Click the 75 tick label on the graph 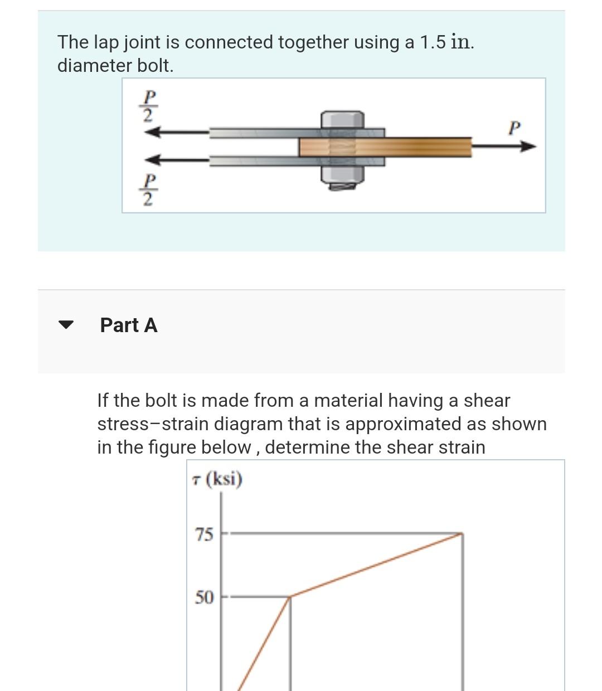204,535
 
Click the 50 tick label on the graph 204,598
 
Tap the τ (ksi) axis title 216,479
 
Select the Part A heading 129,325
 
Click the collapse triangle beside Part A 66,325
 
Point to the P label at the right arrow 514,128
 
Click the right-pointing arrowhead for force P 528,147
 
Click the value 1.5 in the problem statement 433,42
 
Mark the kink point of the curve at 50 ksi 290,597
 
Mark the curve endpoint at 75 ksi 462,534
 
